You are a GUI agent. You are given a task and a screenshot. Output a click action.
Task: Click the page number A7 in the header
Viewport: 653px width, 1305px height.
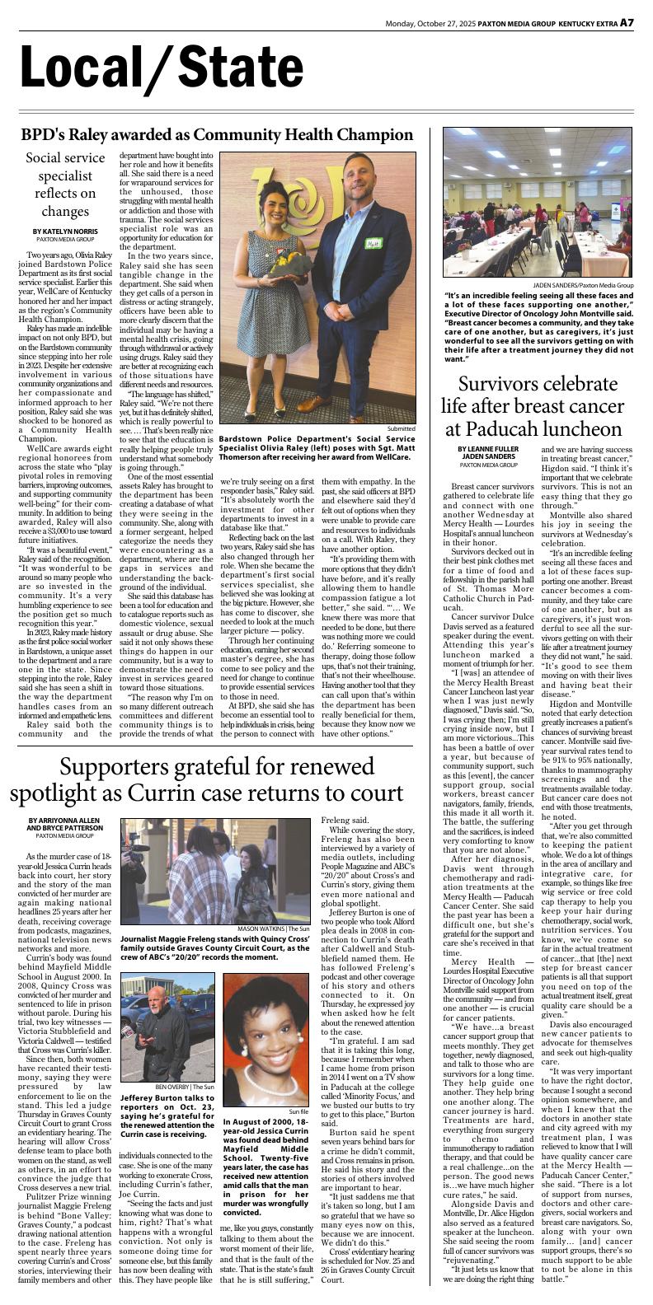[x=627, y=22]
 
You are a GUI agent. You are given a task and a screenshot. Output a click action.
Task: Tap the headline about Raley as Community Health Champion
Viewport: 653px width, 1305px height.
[x=218, y=135]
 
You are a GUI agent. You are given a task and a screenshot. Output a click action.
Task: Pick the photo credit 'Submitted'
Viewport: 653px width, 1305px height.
[x=402, y=428]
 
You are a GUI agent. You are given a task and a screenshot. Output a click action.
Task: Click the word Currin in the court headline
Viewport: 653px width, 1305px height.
[x=242, y=793]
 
